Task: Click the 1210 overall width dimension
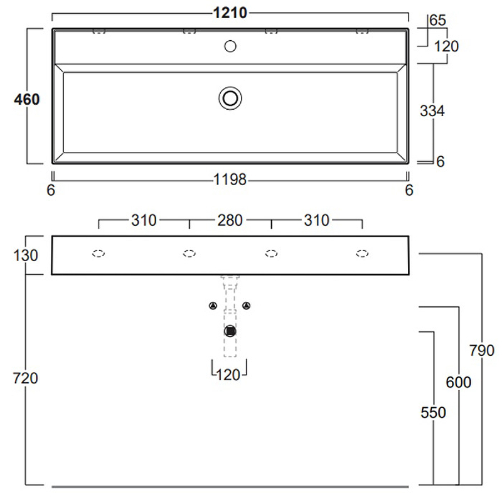point(230,13)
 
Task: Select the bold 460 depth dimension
point(27,99)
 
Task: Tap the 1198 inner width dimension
point(230,181)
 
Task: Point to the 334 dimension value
point(432,111)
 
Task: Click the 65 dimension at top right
point(437,20)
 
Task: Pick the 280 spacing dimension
point(230,220)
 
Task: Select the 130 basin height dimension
point(25,255)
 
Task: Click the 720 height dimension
point(25,378)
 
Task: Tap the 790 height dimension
point(482,350)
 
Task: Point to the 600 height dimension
point(459,382)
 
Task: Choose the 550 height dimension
point(434,412)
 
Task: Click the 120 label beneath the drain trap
point(228,375)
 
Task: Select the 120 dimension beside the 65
point(447,46)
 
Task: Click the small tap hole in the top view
point(230,45)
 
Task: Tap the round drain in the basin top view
point(230,97)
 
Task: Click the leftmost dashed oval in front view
point(99,254)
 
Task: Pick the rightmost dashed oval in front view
point(362,254)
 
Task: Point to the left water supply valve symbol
point(213,306)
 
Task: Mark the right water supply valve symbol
point(247,306)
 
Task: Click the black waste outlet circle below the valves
point(230,331)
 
